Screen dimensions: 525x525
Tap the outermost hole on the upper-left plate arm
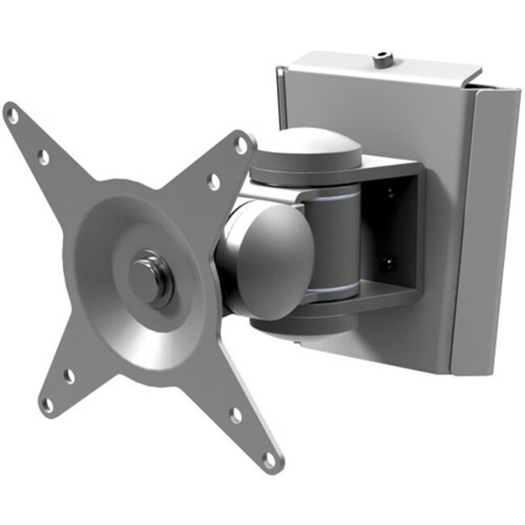14,116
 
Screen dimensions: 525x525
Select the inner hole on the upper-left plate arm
44,158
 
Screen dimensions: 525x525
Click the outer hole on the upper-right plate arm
240,145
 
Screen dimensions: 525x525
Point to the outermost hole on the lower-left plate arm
49,401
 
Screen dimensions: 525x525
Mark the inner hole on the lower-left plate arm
69,376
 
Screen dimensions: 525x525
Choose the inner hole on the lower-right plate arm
236,416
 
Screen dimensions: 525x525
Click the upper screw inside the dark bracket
388,193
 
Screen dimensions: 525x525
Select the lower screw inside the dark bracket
388,262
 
